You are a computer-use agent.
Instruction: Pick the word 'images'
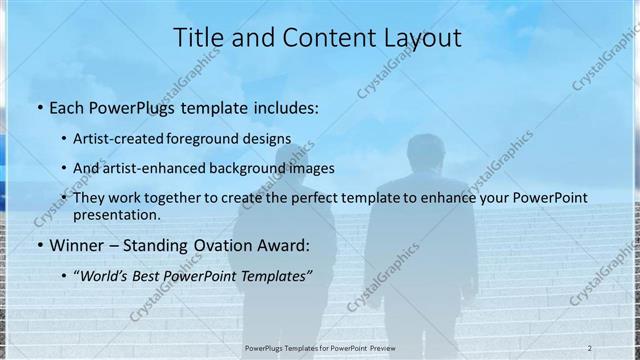(x=312, y=168)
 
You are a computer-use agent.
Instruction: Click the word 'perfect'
(x=312, y=198)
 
